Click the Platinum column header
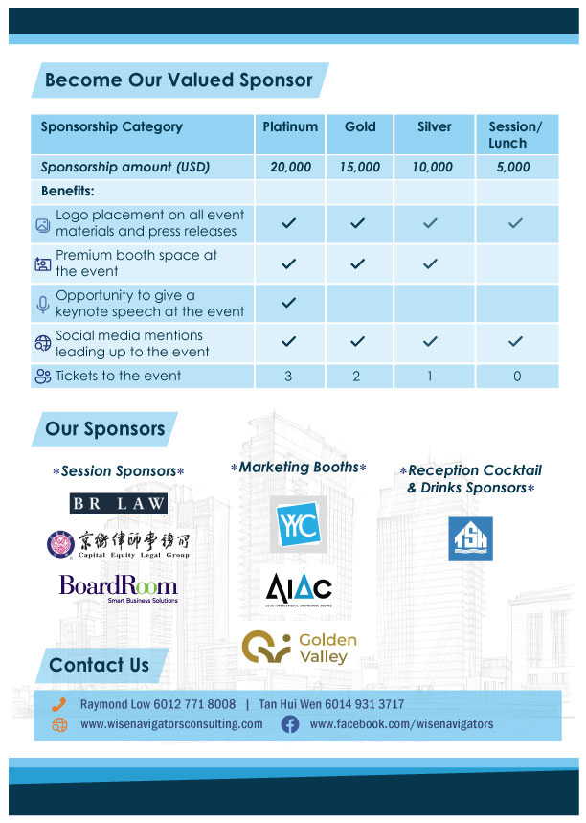click(x=290, y=126)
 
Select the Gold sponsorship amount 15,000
click(x=359, y=167)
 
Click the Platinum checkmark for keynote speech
click(x=289, y=303)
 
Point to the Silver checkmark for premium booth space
click(x=430, y=263)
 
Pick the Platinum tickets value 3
click(x=288, y=377)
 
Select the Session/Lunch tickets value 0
click(x=517, y=377)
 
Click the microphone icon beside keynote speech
click(x=42, y=304)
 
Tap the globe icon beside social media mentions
click(x=42, y=344)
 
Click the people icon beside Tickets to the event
click(x=42, y=377)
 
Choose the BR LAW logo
click(x=119, y=503)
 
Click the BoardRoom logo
click(x=118, y=586)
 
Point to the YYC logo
click(x=297, y=522)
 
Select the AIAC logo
click(x=298, y=588)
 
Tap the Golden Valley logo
click(x=298, y=648)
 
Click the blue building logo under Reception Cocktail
click(x=471, y=538)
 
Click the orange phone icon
click(x=59, y=704)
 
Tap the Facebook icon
click(x=289, y=724)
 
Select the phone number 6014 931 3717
click(x=359, y=704)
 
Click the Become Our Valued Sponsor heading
click(x=179, y=80)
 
